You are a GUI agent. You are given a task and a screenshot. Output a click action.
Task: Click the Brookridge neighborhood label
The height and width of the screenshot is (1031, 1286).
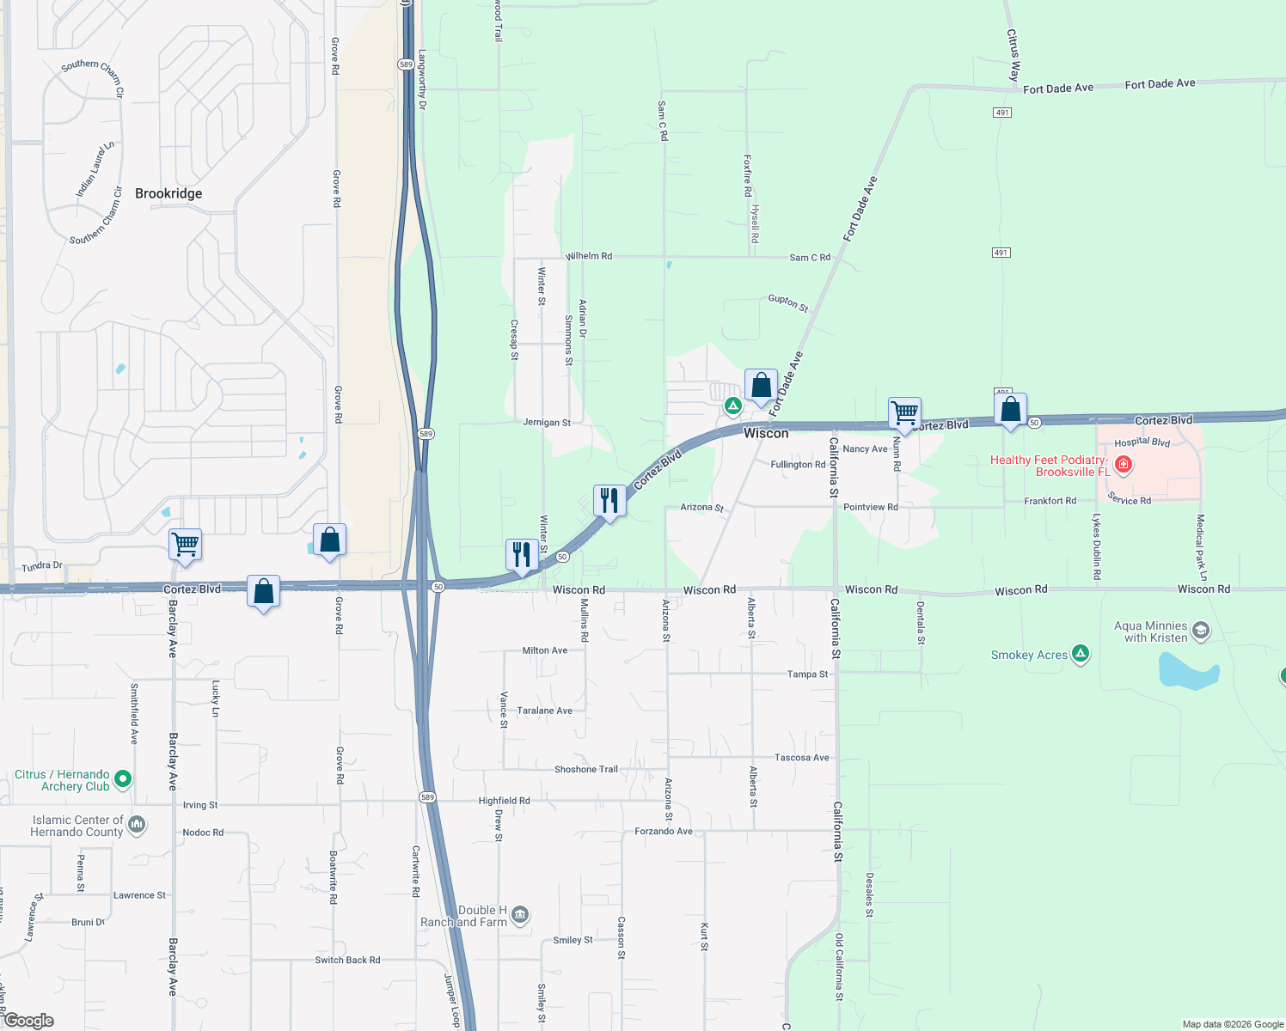pos(168,193)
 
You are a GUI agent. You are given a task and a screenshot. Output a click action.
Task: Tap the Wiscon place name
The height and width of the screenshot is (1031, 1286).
pos(766,433)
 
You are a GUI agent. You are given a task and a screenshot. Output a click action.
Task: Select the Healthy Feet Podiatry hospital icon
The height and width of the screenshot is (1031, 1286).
pos(1123,466)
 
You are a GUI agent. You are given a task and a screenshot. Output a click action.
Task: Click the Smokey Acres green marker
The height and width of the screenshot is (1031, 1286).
pos(1081,655)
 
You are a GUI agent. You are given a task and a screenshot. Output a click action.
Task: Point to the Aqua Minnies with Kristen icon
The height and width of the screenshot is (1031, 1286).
pos(1201,631)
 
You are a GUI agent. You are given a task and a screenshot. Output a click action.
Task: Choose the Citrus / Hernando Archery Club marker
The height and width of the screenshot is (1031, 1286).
pos(123,779)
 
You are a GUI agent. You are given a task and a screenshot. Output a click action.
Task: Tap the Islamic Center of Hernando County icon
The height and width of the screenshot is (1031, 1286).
pos(137,826)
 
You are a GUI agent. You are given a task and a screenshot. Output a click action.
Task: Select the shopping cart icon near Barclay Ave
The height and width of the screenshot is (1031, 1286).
pos(185,545)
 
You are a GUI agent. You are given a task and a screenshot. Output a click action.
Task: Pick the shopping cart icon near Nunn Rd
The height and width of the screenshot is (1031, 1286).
pos(904,413)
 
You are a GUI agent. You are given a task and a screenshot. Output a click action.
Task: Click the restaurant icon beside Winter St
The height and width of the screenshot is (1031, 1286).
pos(522,555)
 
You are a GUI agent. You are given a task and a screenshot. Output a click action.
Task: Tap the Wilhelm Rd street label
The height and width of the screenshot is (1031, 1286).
pos(589,256)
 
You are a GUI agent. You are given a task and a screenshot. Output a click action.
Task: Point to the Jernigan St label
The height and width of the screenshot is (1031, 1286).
pos(547,423)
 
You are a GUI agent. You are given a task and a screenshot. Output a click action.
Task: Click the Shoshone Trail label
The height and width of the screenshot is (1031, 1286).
pos(586,769)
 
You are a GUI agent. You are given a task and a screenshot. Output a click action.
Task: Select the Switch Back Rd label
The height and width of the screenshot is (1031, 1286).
pos(347,960)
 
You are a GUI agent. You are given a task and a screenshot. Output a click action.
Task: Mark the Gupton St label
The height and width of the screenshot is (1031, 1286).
pos(788,302)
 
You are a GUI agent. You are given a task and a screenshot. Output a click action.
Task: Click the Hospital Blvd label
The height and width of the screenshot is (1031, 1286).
pos(1142,442)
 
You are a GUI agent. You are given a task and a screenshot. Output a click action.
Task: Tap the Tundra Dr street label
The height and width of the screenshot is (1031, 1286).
pos(42,566)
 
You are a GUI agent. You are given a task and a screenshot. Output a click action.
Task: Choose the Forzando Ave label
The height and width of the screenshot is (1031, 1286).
pos(664,831)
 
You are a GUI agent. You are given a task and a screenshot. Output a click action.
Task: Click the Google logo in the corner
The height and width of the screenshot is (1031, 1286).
pos(28,1021)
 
